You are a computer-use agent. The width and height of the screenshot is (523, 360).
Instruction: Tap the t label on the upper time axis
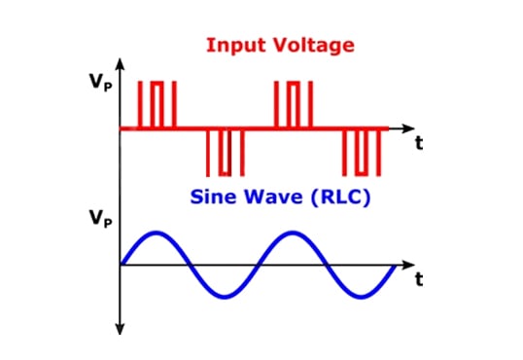(419, 143)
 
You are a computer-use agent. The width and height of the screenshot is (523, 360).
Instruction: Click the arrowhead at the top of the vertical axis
(120, 64)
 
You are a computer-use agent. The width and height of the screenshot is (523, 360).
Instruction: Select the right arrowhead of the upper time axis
(407, 127)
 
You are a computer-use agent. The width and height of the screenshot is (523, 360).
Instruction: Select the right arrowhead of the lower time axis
(407, 265)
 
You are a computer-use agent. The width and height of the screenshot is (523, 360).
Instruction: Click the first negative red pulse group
(226, 150)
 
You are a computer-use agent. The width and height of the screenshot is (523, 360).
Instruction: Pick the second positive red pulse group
(293, 104)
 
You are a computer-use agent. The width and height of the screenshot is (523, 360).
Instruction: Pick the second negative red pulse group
(362, 150)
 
